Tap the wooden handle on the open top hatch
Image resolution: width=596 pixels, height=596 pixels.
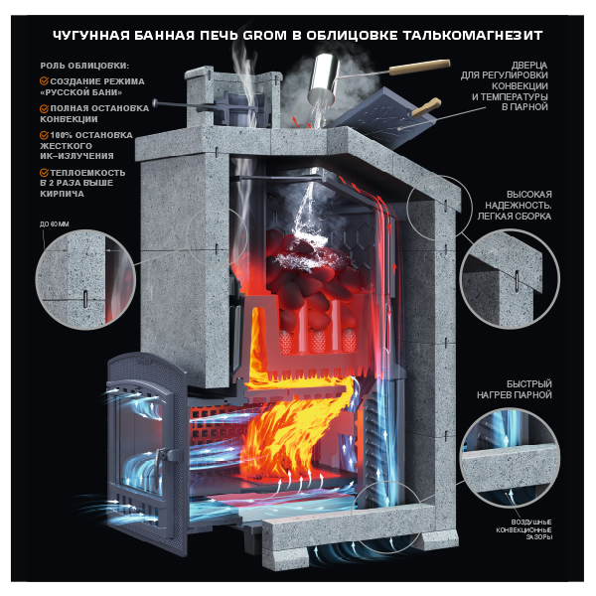(427, 106)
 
